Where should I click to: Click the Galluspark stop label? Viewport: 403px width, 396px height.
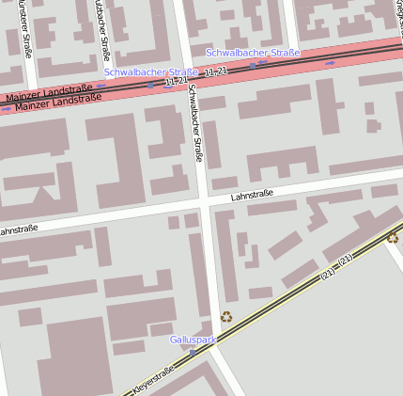(194, 339)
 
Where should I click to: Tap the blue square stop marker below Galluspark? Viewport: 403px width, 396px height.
(193, 351)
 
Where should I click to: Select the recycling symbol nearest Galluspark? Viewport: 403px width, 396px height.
(226, 318)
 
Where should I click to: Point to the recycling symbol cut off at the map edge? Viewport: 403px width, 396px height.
(394, 237)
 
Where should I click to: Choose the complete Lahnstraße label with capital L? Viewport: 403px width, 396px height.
(252, 196)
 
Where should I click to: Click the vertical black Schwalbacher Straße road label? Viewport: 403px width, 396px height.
(195, 122)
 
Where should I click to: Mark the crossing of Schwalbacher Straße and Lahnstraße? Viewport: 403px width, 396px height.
(203, 203)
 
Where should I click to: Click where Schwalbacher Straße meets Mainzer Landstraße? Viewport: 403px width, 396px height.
(186, 79)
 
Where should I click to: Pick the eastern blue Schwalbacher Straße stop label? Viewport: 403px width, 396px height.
(253, 53)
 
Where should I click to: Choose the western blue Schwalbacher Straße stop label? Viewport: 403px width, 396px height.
(150, 71)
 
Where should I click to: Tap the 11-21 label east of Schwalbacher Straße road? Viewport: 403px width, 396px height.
(215, 71)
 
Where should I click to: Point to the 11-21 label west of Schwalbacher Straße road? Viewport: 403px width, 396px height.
(176, 82)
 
